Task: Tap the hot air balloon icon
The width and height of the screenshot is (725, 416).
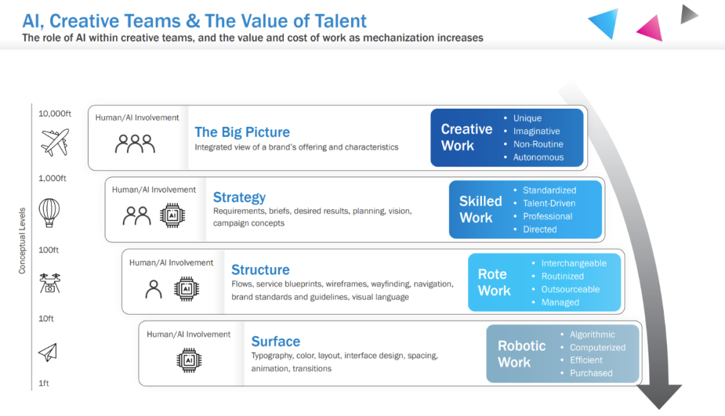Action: (49, 213)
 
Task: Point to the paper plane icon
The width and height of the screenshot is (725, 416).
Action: (48, 352)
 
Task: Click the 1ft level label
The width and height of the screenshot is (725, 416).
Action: (44, 384)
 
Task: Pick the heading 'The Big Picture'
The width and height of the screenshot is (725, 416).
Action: (242, 132)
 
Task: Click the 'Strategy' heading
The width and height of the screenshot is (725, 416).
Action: (239, 197)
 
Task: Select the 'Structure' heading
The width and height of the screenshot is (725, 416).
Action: (260, 270)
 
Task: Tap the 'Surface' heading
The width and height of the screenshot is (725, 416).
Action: (275, 342)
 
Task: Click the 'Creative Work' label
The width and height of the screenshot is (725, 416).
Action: (467, 137)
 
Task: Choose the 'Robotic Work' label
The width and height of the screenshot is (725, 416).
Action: (522, 354)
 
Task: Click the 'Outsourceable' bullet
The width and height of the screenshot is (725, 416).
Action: (571, 289)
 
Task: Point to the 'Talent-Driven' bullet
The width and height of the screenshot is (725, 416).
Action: (549, 203)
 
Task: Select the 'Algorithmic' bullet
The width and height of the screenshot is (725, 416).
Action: (592, 335)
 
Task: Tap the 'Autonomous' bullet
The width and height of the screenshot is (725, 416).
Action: (538, 157)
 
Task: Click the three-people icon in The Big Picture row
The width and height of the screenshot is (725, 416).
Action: (135, 143)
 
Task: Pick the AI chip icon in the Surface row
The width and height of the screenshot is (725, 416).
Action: (189, 360)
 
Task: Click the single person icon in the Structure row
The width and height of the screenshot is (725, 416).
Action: (154, 289)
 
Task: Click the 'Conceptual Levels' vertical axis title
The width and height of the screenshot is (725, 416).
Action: (22, 240)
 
